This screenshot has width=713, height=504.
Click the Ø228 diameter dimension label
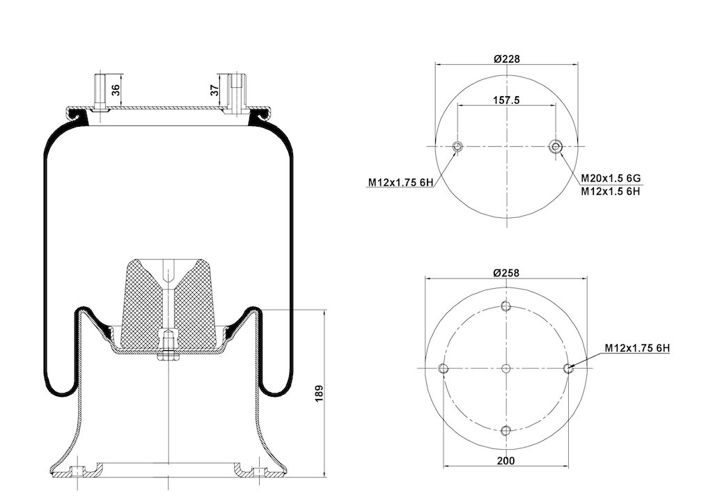(x=506, y=58)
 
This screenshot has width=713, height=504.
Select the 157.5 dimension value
(x=506, y=100)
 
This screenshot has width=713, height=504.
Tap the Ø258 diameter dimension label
(x=506, y=273)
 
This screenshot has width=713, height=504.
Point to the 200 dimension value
(x=506, y=461)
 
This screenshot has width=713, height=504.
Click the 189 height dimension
(x=319, y=393)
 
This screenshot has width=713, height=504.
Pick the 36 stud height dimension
(x=116, y=90)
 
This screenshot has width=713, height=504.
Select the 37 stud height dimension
(x=214, y=90)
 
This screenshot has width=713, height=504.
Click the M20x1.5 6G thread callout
(x=610, y=178)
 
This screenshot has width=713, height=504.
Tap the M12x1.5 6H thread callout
(x=610, y=191)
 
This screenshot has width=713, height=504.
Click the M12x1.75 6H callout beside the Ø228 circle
(x=400, y=182)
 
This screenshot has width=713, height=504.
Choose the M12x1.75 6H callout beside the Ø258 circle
(x=637, y=348)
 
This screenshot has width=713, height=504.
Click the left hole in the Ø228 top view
(x=457, y=146)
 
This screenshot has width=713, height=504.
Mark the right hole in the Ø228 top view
(x=555, y=146)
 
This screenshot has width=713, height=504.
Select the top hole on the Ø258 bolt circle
(x=506, y=306)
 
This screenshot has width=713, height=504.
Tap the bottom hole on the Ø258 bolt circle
(x=506, y=430)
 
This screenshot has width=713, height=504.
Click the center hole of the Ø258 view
(x=506, y=368)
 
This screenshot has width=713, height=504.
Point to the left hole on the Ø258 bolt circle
(x=444, y=368)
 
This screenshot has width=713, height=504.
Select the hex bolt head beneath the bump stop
(x=169, y=356)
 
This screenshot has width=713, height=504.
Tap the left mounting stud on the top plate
(x=100, y=92)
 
